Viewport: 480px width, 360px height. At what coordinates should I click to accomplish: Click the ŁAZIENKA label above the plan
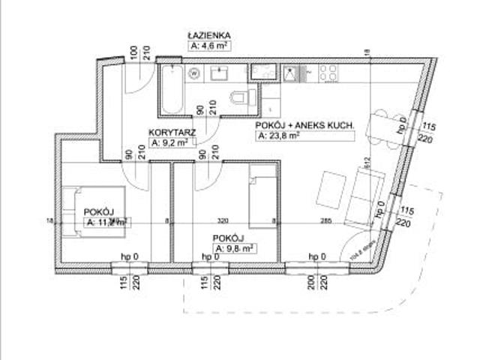[x=209, y=34]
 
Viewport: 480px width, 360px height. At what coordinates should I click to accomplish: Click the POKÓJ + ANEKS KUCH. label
[x=304, y=125]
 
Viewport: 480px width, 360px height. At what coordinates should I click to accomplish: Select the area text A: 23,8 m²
[x=280, y=136]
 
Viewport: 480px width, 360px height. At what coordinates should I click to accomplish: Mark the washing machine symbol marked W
[x=194, y=73]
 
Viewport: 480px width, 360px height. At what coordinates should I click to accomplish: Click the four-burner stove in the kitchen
[x=328, y=72]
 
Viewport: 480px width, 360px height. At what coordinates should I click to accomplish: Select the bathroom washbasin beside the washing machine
[x=220, y=73]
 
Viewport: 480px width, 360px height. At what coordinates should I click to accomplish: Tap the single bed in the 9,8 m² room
[x=262, y=195]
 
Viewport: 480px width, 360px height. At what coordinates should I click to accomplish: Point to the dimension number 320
[x=223, y=221]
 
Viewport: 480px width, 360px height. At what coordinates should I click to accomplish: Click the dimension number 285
[x=325, y=221]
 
